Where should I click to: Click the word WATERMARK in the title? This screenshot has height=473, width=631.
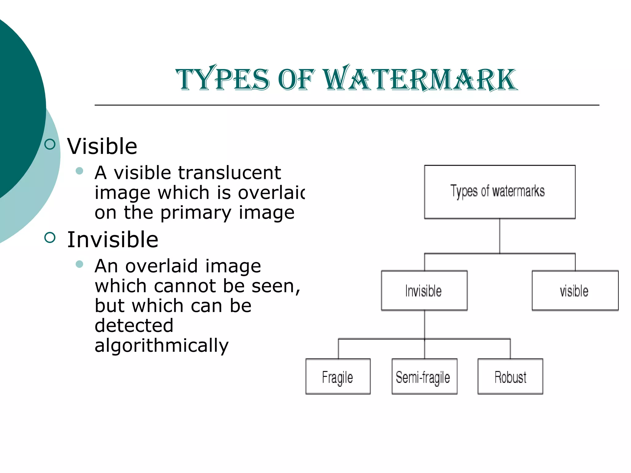[421, 79]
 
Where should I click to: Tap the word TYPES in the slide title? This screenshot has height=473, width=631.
[222, 79]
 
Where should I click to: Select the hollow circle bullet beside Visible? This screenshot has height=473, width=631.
[50, 144]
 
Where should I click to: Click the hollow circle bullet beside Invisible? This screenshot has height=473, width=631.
[50, 237]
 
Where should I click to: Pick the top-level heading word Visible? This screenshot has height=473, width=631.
[102, 146]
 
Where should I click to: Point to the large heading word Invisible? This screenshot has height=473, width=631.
[113, 240]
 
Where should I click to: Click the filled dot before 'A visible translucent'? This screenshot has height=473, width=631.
[79, 171]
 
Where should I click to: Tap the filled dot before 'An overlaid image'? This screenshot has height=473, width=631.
[79, 264]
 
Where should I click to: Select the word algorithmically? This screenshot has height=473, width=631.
[161, 346]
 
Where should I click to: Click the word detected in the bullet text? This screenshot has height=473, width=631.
[134, 325]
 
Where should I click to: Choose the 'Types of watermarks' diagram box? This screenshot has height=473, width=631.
[499, 192]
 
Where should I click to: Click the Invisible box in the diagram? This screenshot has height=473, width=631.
[424, 290]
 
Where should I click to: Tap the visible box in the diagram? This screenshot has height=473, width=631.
[575, 290]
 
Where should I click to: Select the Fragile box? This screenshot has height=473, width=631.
[338, 376]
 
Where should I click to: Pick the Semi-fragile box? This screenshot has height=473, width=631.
[424, 376]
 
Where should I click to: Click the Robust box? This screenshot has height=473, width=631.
[510, 376]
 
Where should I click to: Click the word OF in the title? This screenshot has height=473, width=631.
[296, 79]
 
